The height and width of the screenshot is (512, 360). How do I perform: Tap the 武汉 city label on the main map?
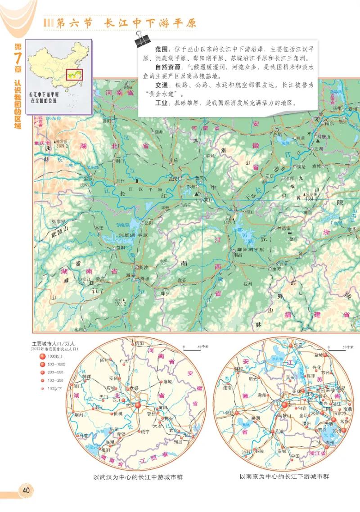coord(172,179)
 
